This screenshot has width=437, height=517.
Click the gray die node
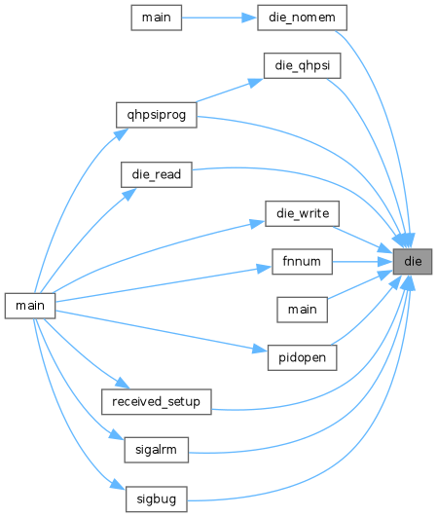pos(413,262)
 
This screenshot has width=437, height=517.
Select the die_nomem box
pos(302,18)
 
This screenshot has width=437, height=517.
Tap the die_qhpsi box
pos(303,65)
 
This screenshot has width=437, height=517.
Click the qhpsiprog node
pos(157,115)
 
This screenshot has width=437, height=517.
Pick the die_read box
pos(157,174)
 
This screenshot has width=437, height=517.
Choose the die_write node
pos(303,213)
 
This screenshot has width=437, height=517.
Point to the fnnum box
pos(302,262)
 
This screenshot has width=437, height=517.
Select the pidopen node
pos(303,357)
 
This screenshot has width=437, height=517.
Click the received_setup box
pos(157,401)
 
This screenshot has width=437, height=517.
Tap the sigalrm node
pos(157,450)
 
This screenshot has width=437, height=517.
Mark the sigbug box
pos(157,499)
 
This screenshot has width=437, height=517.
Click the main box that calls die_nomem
pos(157,18)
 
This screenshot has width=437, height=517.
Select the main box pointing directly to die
pos(303,310)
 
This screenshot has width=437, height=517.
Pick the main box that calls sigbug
pos(30,306)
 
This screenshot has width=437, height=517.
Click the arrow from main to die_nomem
pos(219,18)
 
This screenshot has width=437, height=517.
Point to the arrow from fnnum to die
pos(362,262)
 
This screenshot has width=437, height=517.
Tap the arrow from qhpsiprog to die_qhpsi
pos(230,91)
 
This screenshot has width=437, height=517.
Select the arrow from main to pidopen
pos(162,331)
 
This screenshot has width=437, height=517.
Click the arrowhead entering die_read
pos(129,194)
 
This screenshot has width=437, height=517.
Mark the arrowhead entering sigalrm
pos(117,434)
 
